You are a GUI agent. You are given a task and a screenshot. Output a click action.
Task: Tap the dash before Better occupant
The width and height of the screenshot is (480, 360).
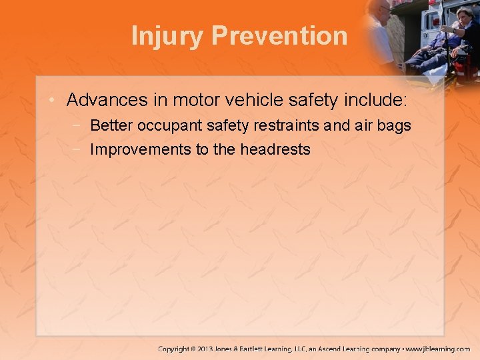click(78, 125)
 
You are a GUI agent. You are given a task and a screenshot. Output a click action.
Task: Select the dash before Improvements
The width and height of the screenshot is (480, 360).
click(78, 149)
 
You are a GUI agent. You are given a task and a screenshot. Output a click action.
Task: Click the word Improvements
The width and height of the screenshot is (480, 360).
click(140, 149)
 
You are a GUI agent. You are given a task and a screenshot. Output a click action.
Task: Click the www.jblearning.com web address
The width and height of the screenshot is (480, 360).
click(439, 349)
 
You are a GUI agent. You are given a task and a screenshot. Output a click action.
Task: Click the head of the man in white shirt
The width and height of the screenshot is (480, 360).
click(382, 10)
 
